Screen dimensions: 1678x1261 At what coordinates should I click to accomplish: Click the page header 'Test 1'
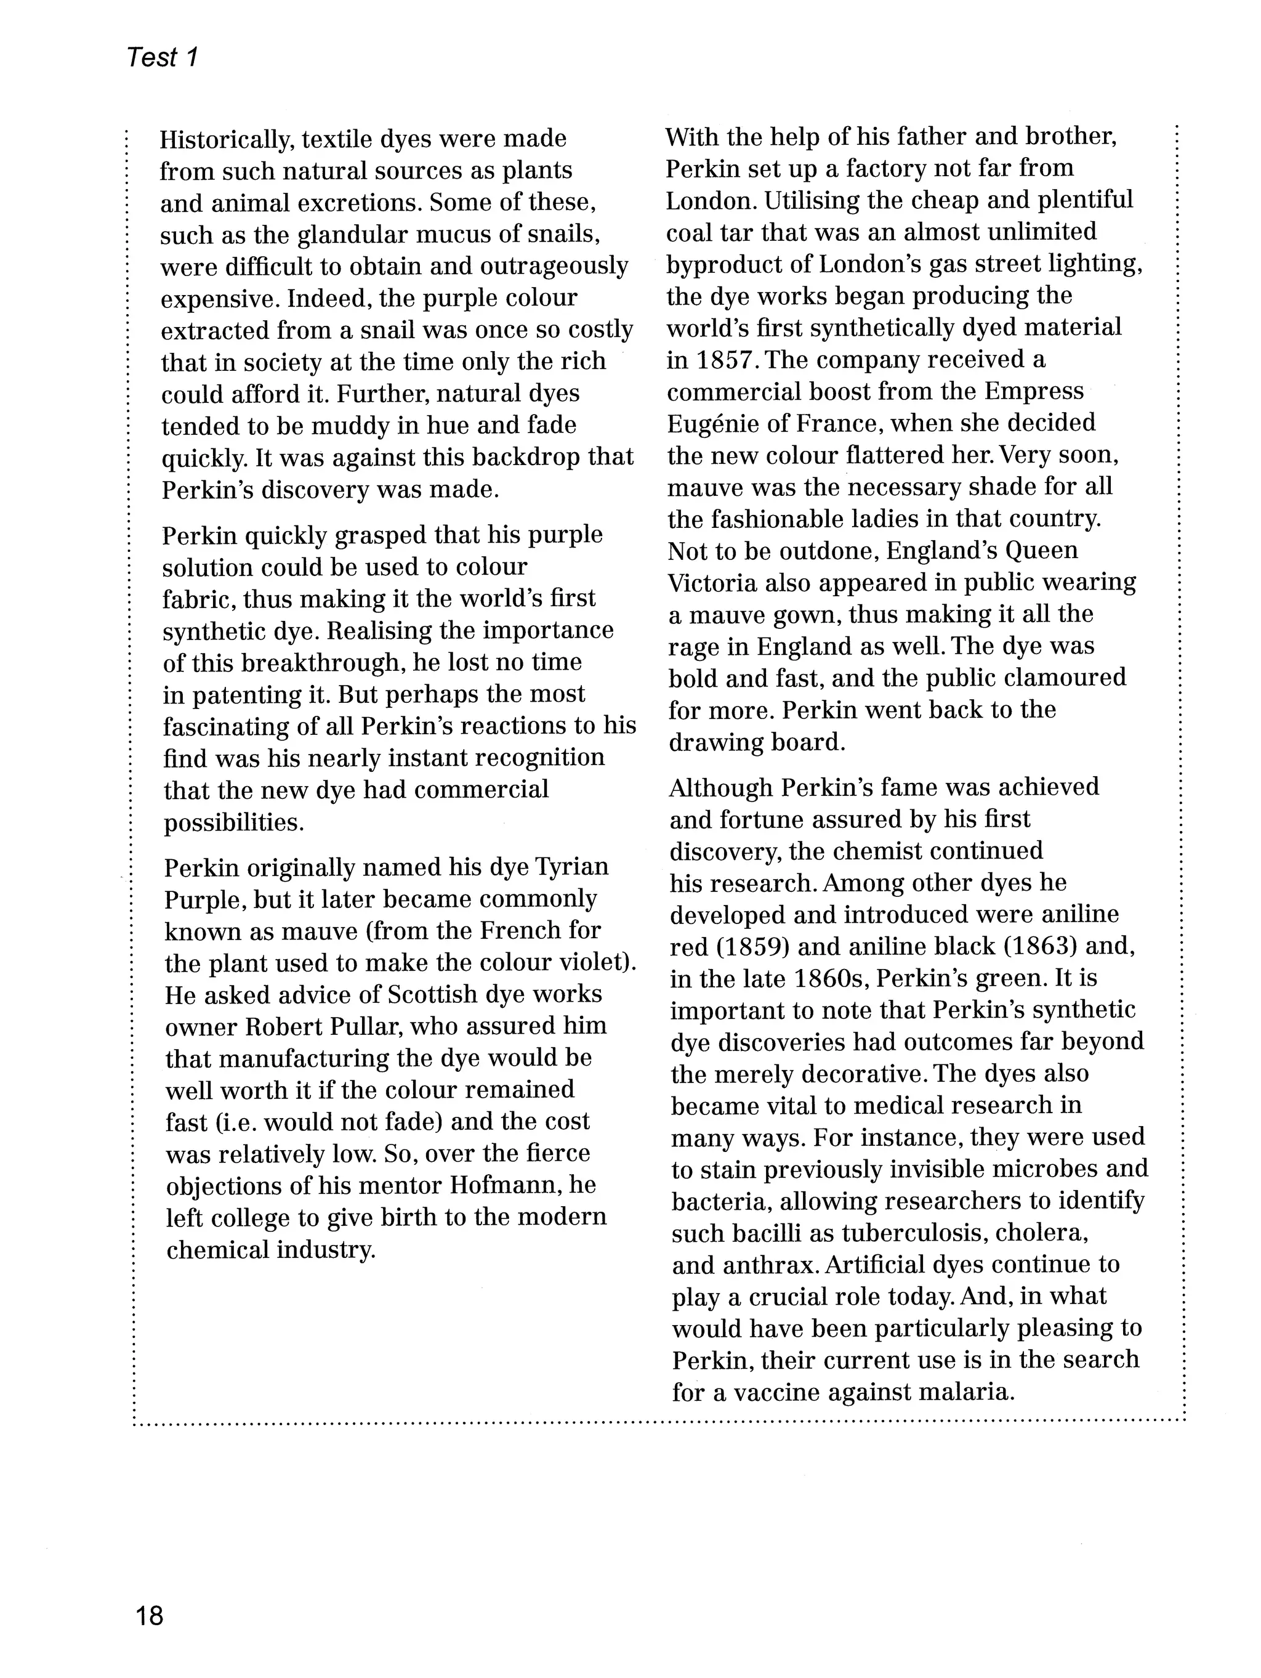pos(163,57)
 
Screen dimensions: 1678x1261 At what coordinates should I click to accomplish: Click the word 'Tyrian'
pos(572,867)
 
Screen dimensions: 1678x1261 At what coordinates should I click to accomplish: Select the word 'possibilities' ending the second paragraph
pos(233,822)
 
